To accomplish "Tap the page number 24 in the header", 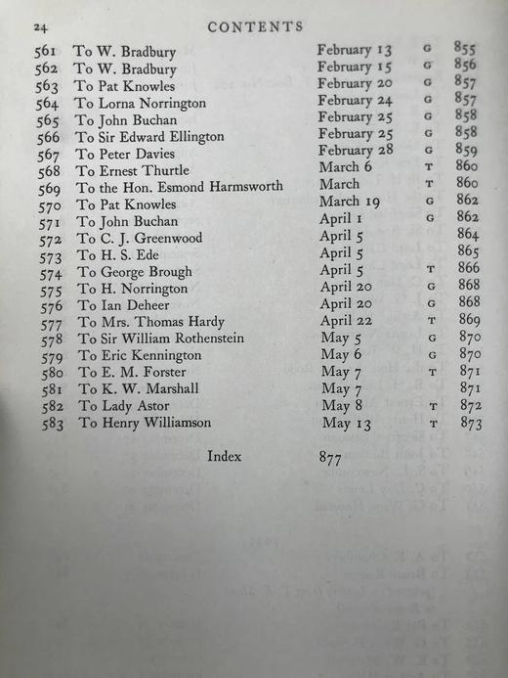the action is click(36, 26).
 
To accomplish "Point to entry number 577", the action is click(54, 322).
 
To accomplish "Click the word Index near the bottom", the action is click(224, 457).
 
